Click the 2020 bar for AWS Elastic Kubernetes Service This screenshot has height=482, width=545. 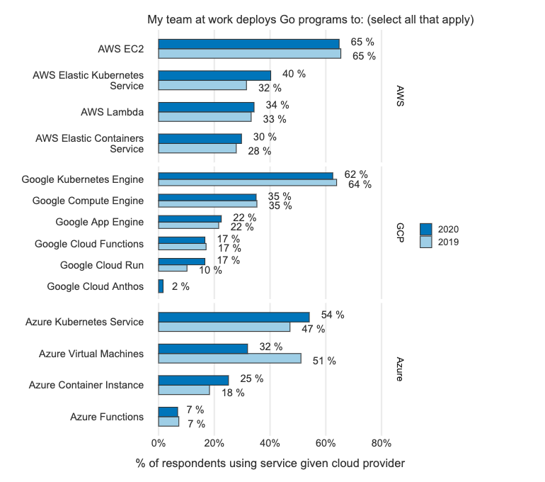(x=214, y=75)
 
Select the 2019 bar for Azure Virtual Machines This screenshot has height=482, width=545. (x=229, y=359)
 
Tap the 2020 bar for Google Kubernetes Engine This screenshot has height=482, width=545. (x=245, y=176)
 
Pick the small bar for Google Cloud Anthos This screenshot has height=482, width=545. (x=161, y=286)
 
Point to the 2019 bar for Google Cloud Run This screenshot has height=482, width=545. (x=173, y=268)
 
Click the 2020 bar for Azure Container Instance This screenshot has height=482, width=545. (x=193, y=380)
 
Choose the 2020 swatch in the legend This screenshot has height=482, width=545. (x=425, y=229)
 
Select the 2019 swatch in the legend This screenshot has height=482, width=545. (x=425, y=242)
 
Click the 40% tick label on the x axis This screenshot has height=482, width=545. (x=270, y=443)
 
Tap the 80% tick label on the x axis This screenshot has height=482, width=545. (x=381, y=443)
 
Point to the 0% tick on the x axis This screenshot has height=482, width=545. (x=158, y=443)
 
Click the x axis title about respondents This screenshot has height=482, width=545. (x=270, y=464)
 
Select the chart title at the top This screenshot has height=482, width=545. (x=310, y=19)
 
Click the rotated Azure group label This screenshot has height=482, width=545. (x=399, y=369)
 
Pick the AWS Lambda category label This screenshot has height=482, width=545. (x=113, y=112)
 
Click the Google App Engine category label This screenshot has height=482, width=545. (x=100, y=222)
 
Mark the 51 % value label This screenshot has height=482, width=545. (x=324, y=361)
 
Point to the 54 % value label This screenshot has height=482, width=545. (x=333, y=315)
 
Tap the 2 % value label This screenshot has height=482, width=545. (x=180, y=287)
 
